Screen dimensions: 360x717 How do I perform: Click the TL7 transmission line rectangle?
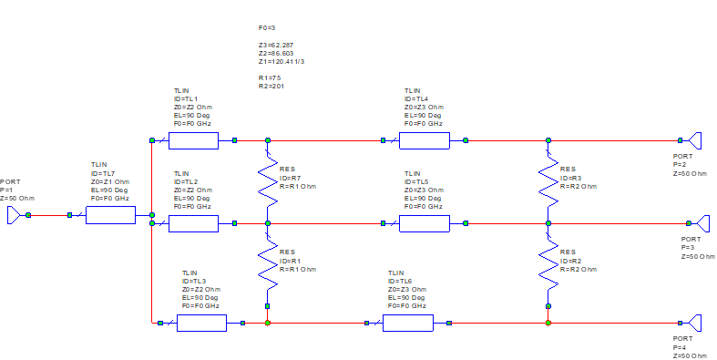point(110,215)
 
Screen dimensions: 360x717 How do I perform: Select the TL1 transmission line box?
point(193,140)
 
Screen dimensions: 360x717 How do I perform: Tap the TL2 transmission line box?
point(193,223)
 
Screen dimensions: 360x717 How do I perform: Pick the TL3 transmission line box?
point(201,323)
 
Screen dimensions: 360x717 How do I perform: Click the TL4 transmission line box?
point(425,140)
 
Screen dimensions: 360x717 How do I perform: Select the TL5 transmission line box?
point(425,223)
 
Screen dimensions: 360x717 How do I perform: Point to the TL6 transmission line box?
point(407,323)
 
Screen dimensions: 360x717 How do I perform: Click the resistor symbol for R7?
point(267,182)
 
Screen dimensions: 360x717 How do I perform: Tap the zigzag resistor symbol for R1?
point(267,264)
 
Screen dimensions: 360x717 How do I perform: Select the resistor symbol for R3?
point(548,182)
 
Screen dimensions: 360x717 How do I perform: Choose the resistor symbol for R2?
point(548,264)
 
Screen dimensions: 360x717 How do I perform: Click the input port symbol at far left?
point(15,214)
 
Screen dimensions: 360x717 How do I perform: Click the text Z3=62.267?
point(276,45)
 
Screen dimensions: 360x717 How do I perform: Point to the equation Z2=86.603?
point(276,54)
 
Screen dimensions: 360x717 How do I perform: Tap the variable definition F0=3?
point(267,28)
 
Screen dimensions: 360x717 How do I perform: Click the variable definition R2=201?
point(271,87)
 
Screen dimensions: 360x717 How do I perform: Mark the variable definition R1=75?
point(270,78)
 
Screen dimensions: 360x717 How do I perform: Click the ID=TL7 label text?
point(103,174)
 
